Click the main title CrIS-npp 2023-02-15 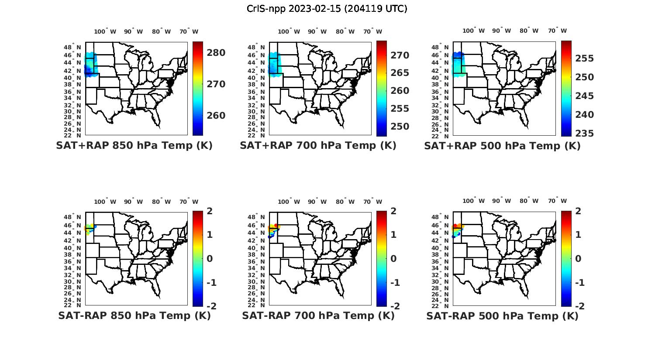(x=327, y=8)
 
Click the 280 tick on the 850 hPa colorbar (x=216, y=53)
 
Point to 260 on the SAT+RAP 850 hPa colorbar (x=216, y=116)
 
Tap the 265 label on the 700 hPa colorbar (x=400, y=73)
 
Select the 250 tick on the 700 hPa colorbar (x=400, y=127)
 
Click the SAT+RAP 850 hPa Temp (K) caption (x=134, y=146)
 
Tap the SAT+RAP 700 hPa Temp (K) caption (x=318, y=146)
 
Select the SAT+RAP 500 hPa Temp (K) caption (x=502, y=146)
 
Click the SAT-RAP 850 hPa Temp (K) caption (x=134, y=315)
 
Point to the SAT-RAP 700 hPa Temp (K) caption (x=318, y=315)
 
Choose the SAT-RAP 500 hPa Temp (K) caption (x=502, y=315)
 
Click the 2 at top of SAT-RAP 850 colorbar (x=210, y=211)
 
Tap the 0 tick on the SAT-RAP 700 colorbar (x=394, y=259)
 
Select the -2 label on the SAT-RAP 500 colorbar (x=579, y=306)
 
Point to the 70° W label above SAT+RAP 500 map (x=557, y=31)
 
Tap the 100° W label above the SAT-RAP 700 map (x=289, y=202)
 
